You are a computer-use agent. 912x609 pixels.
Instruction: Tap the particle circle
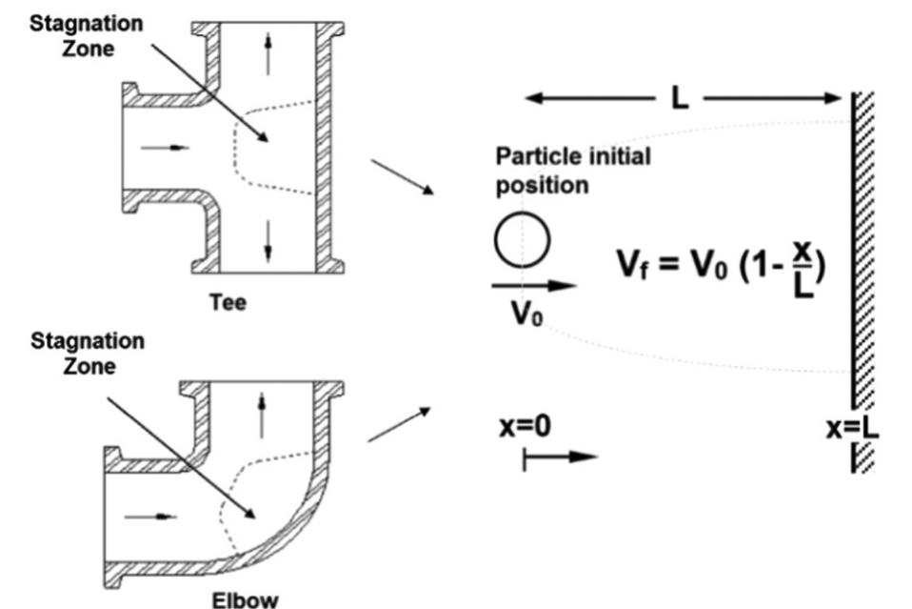(521, 239)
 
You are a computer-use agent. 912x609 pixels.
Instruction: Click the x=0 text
(525, 426)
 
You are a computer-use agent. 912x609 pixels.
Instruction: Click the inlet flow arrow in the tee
(159, 148)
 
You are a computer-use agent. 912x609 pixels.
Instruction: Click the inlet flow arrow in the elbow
(152, 516)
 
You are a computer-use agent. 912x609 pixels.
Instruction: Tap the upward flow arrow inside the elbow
(262, 416)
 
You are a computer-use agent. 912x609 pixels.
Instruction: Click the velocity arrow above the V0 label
(534, 284)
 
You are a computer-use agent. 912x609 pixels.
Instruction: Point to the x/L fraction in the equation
(804, 266)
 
